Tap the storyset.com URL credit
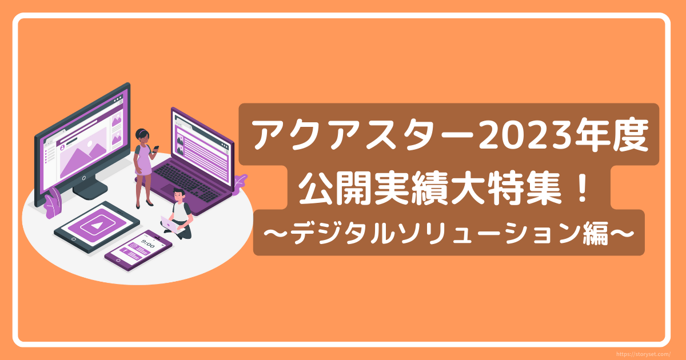pos(643,354)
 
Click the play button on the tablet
pos(97,226)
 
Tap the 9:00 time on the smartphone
pos(148,244)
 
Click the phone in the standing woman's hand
pos(155,149)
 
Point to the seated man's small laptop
pos(170,224)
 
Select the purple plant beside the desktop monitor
pos(53,203)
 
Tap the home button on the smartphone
pos(119,260)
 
